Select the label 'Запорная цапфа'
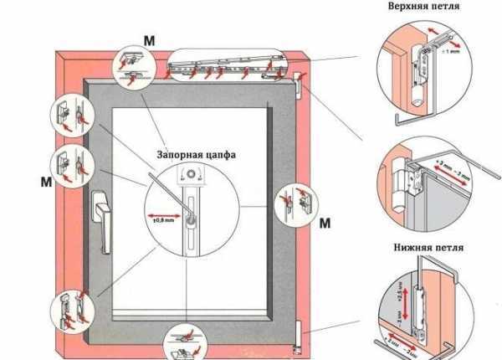click(x=195, y=155)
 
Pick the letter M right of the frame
click(x=325, y=223)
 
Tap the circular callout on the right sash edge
click(x=293, y=202)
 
